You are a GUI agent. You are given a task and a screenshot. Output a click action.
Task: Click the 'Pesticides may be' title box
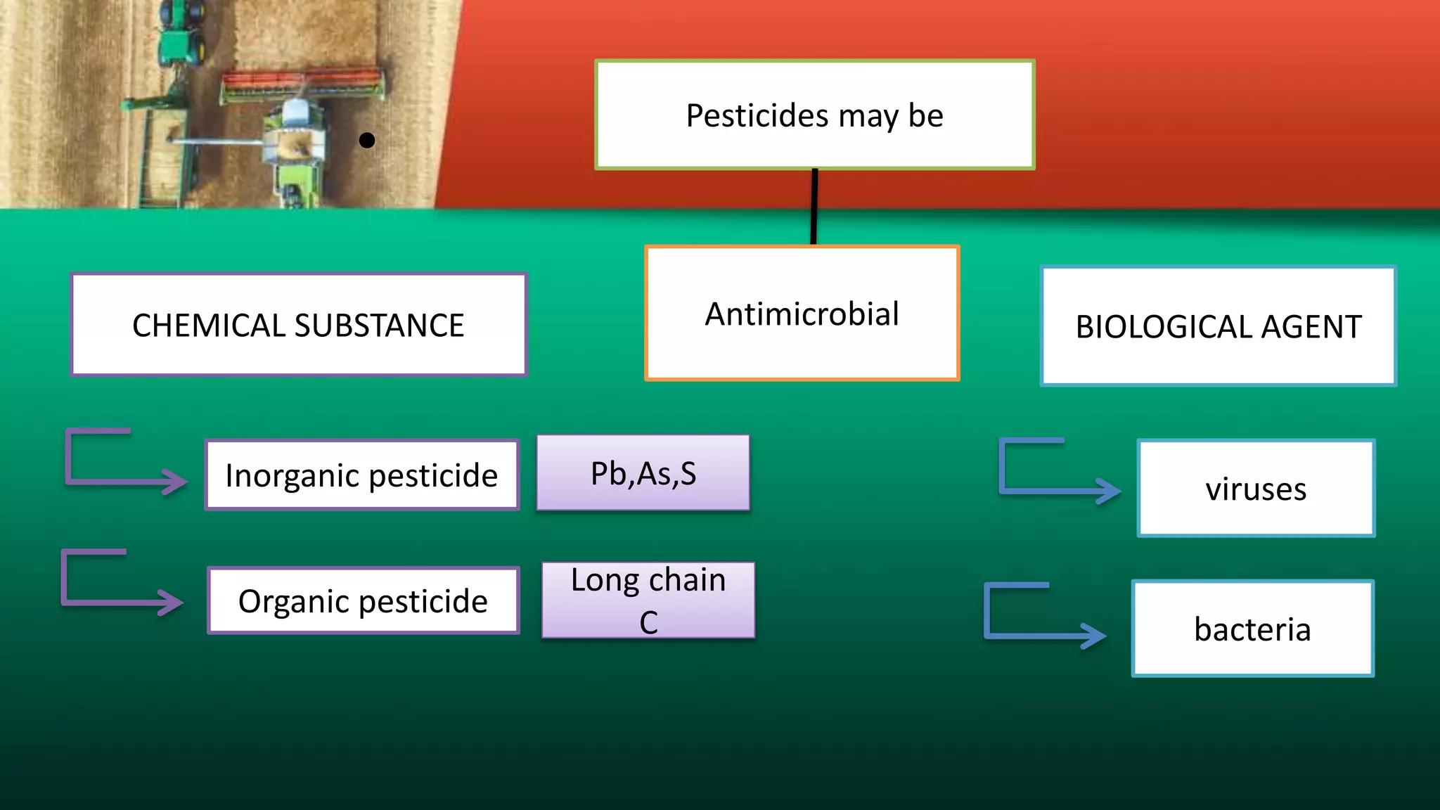814,115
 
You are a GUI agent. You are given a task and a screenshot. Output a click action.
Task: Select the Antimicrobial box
802,314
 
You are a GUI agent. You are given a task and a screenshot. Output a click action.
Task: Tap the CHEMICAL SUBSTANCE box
298,325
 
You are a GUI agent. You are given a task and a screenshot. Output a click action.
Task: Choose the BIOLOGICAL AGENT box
1218,326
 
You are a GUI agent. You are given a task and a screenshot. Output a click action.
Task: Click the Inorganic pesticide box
361,475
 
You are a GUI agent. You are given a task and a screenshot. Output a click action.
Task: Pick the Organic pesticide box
363,600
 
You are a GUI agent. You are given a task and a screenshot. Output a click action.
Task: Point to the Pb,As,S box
643,472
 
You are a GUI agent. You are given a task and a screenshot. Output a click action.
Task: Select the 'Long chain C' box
648,600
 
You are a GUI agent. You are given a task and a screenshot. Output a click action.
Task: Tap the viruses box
1256,488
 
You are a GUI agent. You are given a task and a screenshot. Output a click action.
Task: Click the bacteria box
1252,629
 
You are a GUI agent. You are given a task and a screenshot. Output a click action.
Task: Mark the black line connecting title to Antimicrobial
814,207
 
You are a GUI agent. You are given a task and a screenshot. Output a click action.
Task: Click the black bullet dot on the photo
366,141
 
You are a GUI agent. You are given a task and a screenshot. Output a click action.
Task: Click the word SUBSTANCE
379,326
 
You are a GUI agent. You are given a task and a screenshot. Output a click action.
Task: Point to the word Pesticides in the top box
757,115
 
